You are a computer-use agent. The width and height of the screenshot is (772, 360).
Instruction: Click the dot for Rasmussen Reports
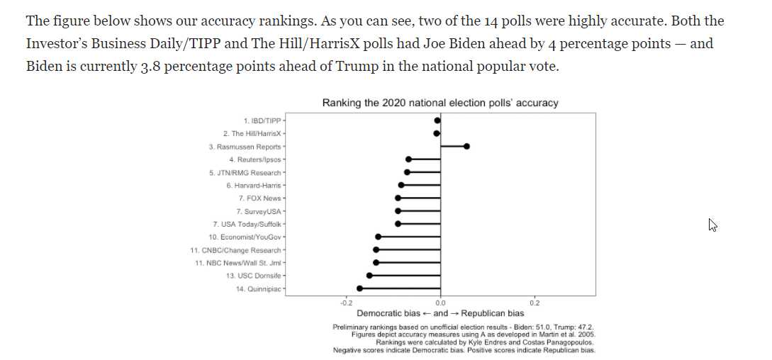click(466, 146)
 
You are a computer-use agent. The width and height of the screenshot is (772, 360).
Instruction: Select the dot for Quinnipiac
click(359, 288)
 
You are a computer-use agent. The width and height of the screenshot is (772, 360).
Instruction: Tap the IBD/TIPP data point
click(437, 120)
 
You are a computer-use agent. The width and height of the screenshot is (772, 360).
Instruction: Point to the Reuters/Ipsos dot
click(408, 159)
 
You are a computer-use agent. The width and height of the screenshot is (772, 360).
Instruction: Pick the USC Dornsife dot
click(369, 275)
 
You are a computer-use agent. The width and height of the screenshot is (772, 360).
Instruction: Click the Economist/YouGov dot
click(378, 237)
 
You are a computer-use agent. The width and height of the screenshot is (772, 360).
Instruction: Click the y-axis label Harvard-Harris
click(254, 185)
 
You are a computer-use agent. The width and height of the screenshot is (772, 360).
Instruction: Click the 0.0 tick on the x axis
click(441, 302)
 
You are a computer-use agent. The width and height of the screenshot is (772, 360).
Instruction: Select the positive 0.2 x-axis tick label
click(535, 302)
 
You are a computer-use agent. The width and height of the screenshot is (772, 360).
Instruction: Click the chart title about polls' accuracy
click(440, 103)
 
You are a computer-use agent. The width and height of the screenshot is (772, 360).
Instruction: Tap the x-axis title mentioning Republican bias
click(440, 313)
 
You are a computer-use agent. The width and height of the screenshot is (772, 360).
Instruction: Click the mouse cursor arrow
click(712, 225)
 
